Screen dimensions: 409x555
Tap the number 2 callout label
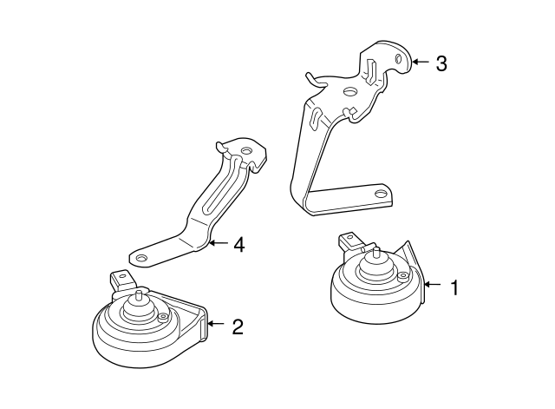pyautogui.click(x=238, y=327)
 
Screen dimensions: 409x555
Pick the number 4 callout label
pyautogui.click(x=238, y=245)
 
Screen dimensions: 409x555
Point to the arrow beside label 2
pyautogui.click(x=217, y=327)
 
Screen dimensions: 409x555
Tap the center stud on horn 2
pyautogui.click(x=138, y=300)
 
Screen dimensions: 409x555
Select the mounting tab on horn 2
pyautogui.click(x=120, y=280)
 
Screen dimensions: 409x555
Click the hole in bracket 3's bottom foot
pyautogui.click(x=378, y=193)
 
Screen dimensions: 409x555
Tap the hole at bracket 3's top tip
pyautogui.click(x=397, y=58)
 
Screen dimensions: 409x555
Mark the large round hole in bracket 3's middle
pyautogui.click(x=349, y=91)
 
